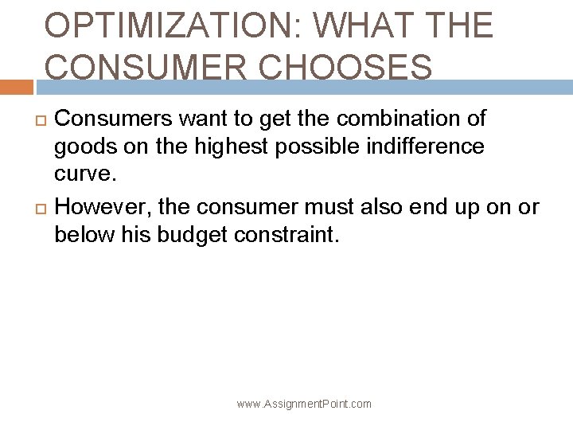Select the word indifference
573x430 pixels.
click(419, 147)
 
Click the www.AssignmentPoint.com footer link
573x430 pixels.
click(304, 404)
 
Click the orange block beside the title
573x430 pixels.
click(16, 87)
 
